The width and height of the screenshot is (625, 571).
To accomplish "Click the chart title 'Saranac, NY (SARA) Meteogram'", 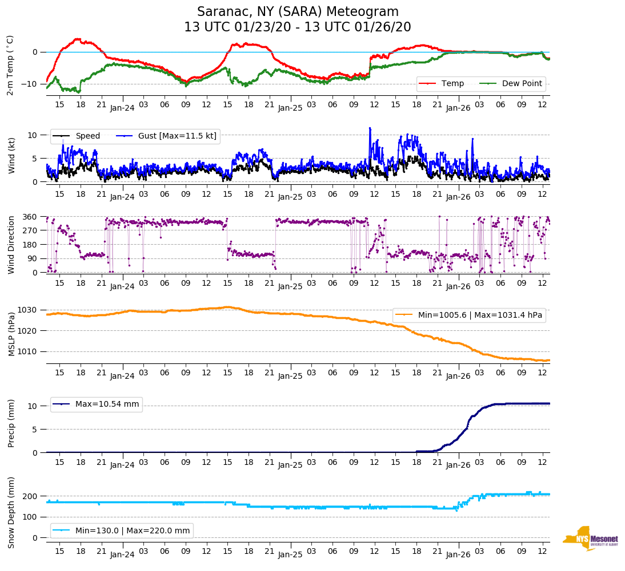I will tap(298, 12).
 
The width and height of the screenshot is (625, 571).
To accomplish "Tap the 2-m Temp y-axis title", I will tap(10, 65).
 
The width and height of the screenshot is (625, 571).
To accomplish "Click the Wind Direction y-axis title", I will tap(11, 245).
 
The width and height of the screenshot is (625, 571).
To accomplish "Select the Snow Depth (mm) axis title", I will tap(11, 512).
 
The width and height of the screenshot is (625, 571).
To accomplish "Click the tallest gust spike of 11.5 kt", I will tap(370, 128).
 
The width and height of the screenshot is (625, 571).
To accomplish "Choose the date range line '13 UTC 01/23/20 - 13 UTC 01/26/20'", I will tap(298, 27).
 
